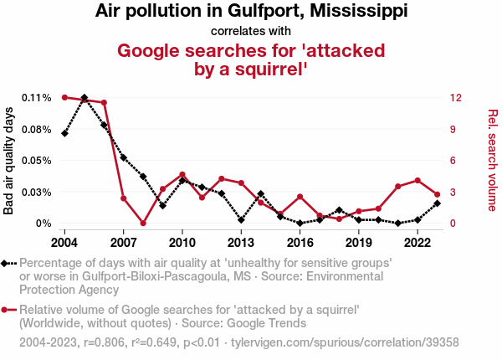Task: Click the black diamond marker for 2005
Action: click(85, 98)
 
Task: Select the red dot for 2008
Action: click(143, 224)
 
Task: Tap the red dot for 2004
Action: click(64, 97)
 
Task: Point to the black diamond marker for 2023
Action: click(438, 203)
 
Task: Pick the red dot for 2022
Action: click(417, 180)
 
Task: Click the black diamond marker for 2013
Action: click(241, 220)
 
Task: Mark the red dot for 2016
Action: click(300, 197)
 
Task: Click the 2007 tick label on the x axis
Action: click(123, 242)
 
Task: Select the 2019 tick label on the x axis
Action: click(359, 242)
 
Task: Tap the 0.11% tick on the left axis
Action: click(37, 98)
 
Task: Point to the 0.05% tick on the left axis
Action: click(37, 161)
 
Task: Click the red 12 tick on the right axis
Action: click(454, 98)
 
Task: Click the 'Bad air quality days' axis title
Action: click(9, 161)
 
